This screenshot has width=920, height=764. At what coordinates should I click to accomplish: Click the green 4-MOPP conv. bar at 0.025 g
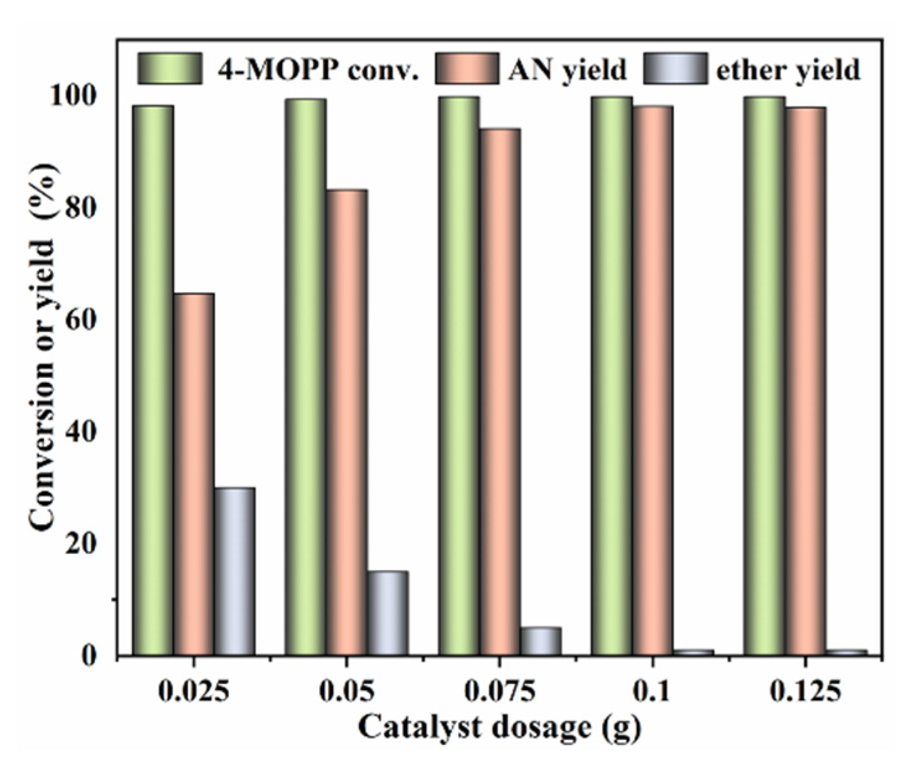click(x=153, y=380)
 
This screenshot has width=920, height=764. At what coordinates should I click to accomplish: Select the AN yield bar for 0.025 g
click(x=194, y=474)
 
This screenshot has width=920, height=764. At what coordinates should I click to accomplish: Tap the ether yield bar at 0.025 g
click(x=235, y=571)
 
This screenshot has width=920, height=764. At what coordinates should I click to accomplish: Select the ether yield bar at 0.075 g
click(x=541, y=641)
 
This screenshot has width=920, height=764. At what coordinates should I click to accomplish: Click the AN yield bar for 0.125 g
click(x=805, y=381)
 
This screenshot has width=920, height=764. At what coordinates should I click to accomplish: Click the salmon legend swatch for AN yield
click(x=467, y=68)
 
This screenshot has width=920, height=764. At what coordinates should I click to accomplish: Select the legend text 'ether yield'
click(x=788, y=70)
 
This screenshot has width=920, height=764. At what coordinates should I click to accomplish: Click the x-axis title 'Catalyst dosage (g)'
click(x=499, y=727)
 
